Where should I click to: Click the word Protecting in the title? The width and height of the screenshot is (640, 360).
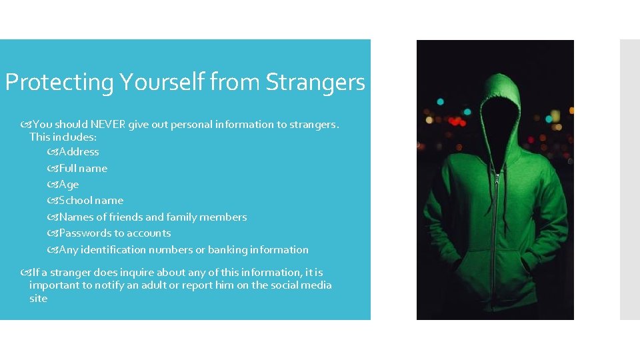coord(59,83)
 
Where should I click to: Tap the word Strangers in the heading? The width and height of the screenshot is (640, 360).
coord(315,83)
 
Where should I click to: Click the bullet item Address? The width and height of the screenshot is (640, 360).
coord(79,152)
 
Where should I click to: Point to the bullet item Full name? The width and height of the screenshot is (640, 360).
coord(83,169)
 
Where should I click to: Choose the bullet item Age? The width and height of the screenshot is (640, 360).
coord(69,185)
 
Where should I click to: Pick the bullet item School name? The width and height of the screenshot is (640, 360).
coord(91,201)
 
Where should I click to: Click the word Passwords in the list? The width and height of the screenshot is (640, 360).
coord(82,233)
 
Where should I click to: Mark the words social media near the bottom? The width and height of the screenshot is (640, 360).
coord(301,285)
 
